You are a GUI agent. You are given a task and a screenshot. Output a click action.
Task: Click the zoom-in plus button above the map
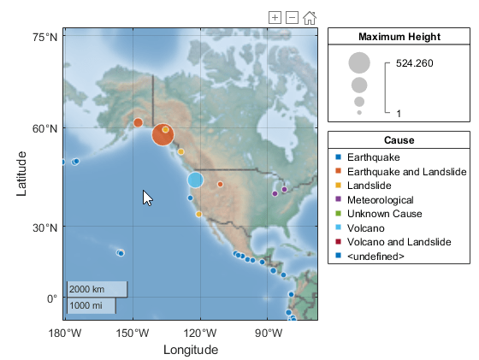(x=275, y=17)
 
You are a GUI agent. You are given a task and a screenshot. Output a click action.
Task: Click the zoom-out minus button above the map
(x=292, y=17)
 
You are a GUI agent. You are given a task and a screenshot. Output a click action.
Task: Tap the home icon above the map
(x=310, y=17)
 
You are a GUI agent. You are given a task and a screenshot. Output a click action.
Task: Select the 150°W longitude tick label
(x=133, y=333)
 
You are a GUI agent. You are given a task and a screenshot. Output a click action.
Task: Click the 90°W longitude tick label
(x=269, y=333)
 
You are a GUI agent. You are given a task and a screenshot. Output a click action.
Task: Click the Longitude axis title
(x=190, y=350)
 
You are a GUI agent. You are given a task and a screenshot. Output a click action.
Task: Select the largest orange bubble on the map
(x=163, y=134)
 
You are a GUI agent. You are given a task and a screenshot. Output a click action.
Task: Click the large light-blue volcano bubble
(x=195, y=180)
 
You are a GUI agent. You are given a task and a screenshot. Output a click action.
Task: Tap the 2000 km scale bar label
(x=87, y=289)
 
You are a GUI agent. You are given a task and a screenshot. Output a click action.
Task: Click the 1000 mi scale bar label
(x=86, y=305)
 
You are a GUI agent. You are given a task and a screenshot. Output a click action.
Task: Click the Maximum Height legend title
(x=399, y=37)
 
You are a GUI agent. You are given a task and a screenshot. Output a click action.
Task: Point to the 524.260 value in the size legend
(x=415, y=63)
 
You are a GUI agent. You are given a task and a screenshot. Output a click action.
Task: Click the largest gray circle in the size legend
(x=359, y=63)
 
